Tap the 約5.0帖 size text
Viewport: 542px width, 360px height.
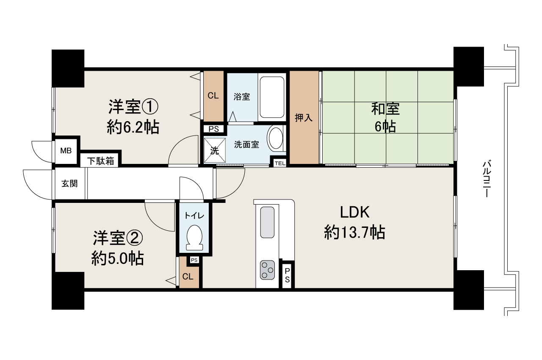click(x=117, y=258)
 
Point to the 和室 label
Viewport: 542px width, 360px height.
click(x=385, y=109)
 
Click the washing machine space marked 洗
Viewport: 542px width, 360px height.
click(x=215, y=150)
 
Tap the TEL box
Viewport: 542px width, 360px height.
click(x=280, y=163)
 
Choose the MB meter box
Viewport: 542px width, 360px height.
click(x=65, y=150)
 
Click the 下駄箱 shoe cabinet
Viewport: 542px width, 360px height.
click(x=100, y=161)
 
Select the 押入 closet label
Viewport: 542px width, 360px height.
click(x=304, y=118)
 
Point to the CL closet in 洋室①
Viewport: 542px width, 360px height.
click(x=213, y=96)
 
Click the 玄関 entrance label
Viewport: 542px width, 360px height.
click(x=69, y=184)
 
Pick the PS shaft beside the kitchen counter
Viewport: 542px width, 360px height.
click(x=287, y=275)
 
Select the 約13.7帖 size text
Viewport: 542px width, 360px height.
click(x=354, y=232)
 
